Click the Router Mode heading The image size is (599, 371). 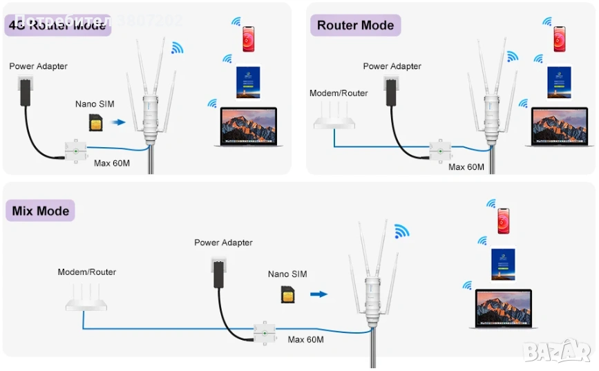coord(355,26)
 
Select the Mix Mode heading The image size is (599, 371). coord(41,211)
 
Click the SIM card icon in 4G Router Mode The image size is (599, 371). coord(95,123)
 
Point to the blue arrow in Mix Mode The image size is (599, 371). coord(318,294)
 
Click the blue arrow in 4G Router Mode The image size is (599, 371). coord(120,123)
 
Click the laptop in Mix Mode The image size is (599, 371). coord(503,308)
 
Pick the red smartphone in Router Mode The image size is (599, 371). coord(559,39)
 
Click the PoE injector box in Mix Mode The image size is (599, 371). coord(264,333)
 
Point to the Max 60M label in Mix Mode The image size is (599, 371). coord(305,339)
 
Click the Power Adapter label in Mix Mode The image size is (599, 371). coord(223,242)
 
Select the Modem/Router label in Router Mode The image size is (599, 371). coord(339,93)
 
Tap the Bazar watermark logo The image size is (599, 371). coord(558,350)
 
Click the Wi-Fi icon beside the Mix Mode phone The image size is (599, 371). coord(491,204)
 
